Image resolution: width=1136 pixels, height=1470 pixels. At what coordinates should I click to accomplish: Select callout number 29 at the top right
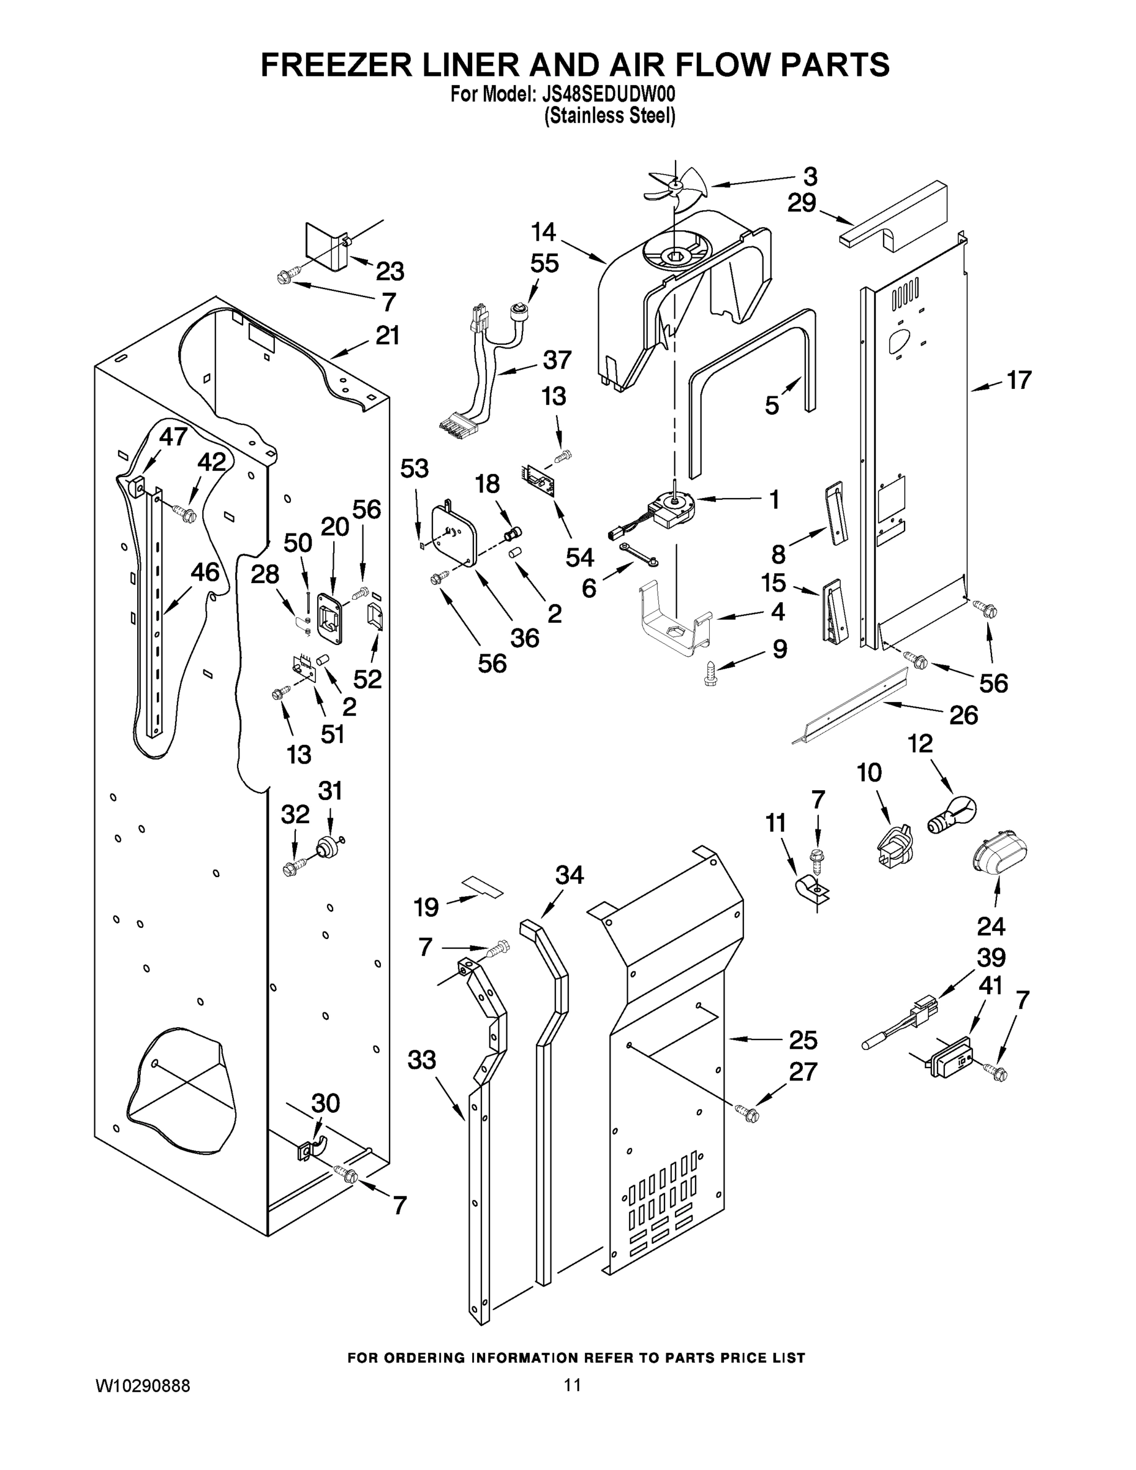click(x=802, y=203)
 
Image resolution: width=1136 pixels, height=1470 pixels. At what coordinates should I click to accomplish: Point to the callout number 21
click(x=387, y=335)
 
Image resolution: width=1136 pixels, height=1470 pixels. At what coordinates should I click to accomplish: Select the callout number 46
click(x=205, y=572)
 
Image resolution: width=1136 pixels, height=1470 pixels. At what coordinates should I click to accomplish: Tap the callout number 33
click(x=422, y=1060)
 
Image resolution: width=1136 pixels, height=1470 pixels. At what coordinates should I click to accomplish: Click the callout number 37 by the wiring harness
click(x=557, y=360)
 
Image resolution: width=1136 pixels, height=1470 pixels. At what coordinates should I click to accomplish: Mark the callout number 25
click(x=802, y=1040)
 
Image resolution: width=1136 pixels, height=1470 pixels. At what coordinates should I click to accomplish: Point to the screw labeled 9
click(x=710, y=672)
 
